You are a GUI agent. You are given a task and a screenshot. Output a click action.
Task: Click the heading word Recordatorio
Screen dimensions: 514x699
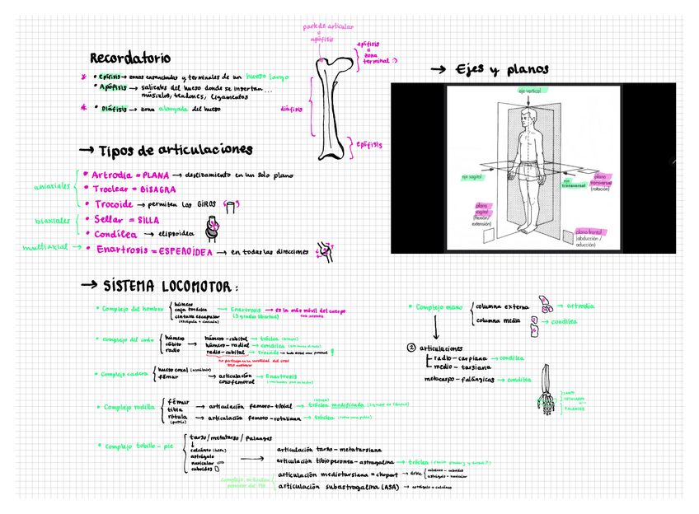pos(129,58)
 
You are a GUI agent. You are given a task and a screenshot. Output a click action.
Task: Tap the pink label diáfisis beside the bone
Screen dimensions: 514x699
pos(291,108)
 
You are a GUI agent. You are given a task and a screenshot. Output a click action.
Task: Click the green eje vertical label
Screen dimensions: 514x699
pos(529,91)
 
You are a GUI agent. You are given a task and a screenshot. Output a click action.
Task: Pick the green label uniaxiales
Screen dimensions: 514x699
pos(51,188)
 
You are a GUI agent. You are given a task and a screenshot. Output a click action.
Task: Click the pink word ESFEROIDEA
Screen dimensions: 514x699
pos(188,250)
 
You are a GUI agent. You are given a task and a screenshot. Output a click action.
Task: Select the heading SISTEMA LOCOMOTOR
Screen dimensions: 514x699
pos(169,286)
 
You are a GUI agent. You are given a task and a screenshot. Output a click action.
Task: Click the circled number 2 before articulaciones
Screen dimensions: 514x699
pos(412,348)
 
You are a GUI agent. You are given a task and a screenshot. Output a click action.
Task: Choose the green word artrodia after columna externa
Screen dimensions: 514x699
pos(580,306)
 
